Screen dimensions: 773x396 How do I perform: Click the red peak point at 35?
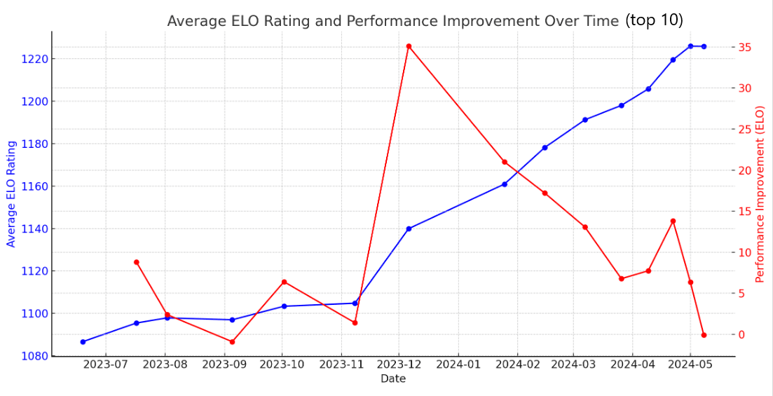tap(409, 46)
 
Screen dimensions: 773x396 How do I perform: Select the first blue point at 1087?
tap(83, 342)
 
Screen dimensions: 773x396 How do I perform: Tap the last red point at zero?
tap(704, 335)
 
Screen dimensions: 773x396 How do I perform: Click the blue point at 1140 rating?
tap(409, 228)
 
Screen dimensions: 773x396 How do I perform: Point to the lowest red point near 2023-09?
tap(232, 342)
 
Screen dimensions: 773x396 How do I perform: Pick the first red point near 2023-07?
tap(137, 262)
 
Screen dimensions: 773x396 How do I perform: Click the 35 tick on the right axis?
tap(745, 48)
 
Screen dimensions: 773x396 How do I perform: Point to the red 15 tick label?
tap(745, 212)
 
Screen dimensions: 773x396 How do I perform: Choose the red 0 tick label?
tap(742, 335)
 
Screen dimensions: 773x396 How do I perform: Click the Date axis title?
tap(393, 378)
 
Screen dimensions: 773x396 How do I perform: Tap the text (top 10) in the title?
tap(654, 20)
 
